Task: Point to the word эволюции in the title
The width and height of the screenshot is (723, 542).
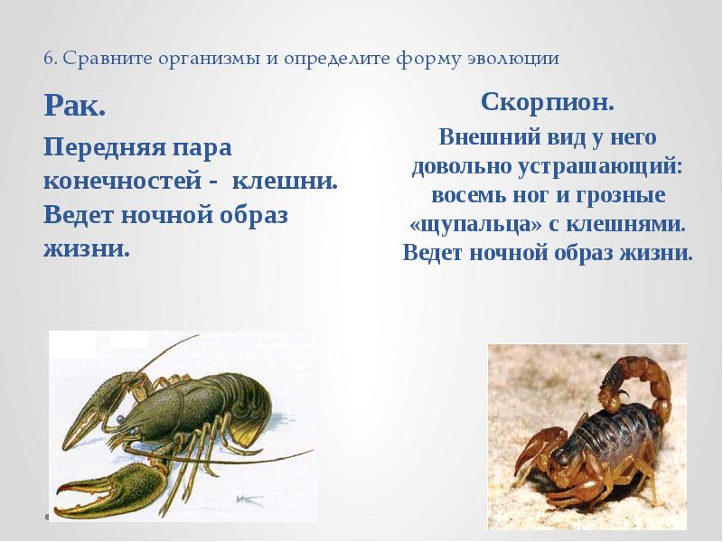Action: coord(520,59)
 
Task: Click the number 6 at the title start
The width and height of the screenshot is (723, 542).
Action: coord(48,59)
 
